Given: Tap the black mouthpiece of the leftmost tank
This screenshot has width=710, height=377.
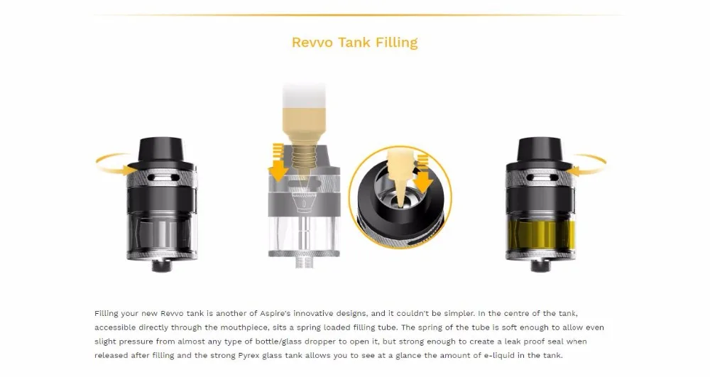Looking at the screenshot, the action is click(x=162, y=152).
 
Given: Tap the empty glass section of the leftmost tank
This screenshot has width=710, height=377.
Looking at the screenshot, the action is click(x=162, y=234).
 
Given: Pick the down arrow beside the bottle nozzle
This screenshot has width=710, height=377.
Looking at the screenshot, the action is click(x=278, y=163).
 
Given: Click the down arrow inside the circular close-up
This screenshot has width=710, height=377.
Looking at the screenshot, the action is click(x=423, y=174).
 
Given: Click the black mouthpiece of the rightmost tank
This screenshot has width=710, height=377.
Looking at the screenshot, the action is click(x=540, y=152).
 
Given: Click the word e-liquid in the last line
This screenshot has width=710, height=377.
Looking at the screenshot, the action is click(x=498, y=355).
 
